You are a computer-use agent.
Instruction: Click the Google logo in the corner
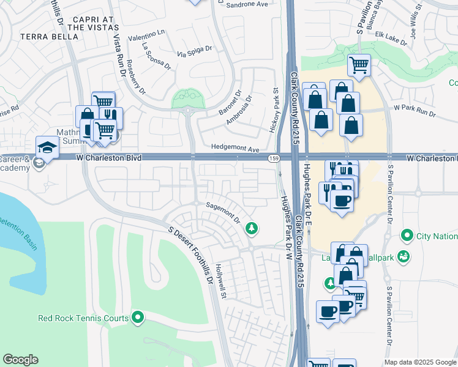(x=21, y=360)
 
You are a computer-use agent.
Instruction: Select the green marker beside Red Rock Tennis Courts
(x=138, y=317)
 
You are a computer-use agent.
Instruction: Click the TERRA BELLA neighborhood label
(x=50, y=37)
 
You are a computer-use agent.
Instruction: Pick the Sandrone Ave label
(x=247, y=4)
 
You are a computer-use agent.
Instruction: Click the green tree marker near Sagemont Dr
(x=250, y=229)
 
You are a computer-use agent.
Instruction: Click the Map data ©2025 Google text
(x=420, y=362)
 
